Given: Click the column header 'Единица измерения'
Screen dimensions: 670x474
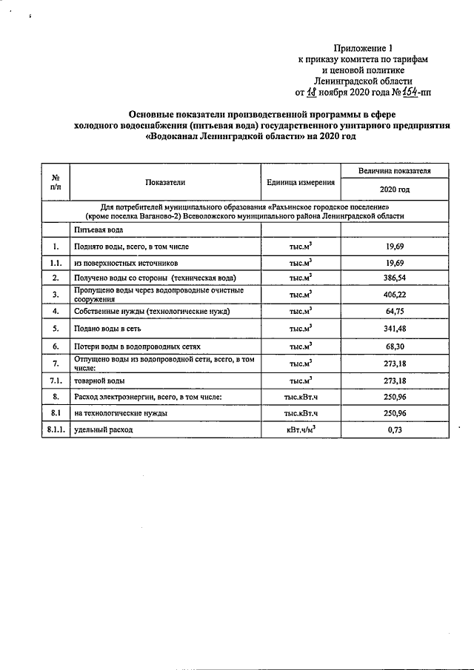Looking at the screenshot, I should (300, 182).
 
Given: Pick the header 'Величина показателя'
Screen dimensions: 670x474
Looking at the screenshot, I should (389, 171).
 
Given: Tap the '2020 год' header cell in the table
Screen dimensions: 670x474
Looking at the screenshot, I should (389, 190).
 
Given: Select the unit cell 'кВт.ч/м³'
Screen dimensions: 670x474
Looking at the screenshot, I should (300, 429).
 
